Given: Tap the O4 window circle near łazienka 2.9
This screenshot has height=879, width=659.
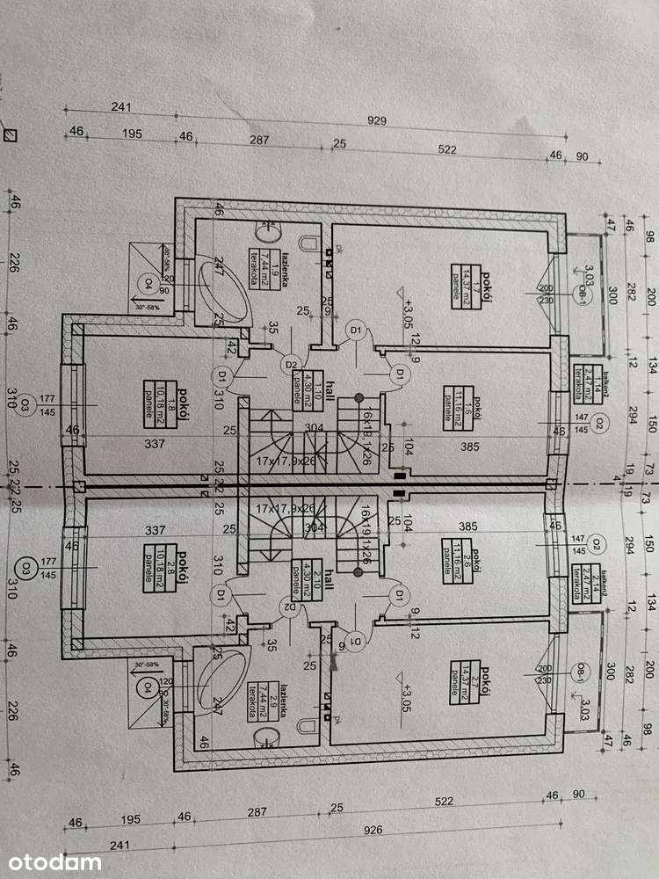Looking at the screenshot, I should pos(149,685).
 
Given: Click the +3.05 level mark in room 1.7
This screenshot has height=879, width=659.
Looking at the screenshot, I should pos(407,310).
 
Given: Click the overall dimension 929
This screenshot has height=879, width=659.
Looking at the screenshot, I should pos(377,121).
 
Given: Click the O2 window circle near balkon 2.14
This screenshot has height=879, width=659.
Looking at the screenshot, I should pos(597,542).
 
